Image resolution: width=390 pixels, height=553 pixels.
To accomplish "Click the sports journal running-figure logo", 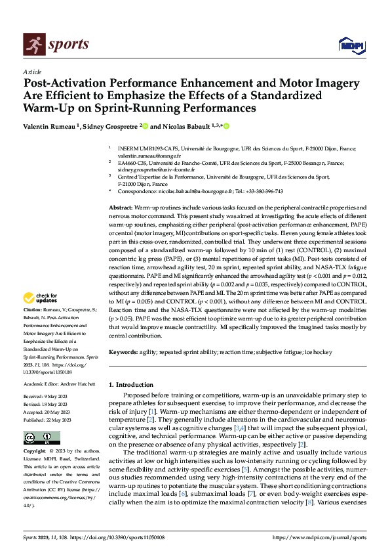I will (32, 45).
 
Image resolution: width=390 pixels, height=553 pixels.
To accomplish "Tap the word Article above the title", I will (32, 72).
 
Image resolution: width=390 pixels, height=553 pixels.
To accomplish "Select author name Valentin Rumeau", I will (50, 125).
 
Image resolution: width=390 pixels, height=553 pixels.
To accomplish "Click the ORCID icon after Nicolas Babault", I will (226, 125).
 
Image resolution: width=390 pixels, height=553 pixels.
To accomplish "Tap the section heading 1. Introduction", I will (130, 384).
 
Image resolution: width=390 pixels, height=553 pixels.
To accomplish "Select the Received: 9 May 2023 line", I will (48, 396).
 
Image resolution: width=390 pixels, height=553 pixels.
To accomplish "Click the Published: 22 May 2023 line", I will (50, 418).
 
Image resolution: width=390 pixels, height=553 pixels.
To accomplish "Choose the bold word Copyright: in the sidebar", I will (35, 451).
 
